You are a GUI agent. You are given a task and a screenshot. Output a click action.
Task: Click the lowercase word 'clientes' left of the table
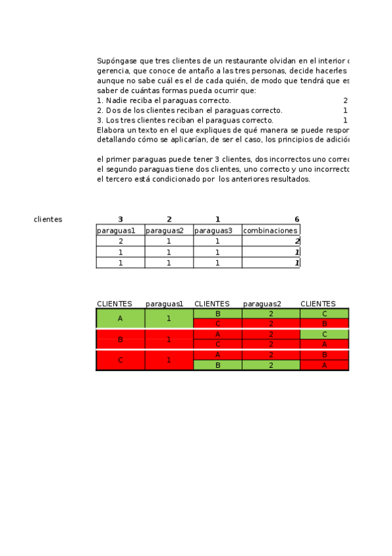[48, 219]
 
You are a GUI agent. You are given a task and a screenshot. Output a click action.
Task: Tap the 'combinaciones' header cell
[270, 230]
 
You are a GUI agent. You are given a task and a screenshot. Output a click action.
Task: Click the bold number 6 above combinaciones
[296, 219]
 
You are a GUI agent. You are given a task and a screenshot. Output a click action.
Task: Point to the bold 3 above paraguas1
[120, 219]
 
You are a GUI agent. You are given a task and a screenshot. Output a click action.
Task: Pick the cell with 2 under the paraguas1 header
[120, 241]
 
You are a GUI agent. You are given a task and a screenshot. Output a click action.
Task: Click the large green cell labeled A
[120, 318]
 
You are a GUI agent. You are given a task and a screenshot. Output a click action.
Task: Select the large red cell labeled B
[120, 340]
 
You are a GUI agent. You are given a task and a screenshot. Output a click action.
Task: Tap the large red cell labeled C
[120, 360]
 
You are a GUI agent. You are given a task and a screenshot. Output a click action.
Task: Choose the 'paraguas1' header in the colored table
[164, 304]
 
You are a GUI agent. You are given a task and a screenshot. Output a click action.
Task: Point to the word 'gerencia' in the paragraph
[112, 71]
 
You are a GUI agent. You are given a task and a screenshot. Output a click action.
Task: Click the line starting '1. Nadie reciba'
[164, 100]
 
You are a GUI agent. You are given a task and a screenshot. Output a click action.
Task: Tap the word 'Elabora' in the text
[110, 130]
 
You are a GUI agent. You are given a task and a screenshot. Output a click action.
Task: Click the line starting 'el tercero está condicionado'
[203, 179]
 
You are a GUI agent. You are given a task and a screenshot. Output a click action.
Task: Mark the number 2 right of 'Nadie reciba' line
[345, 100]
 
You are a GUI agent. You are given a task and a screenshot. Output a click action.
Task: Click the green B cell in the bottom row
[218, 365]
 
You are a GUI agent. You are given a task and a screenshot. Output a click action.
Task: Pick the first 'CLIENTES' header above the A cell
[115, 304]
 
